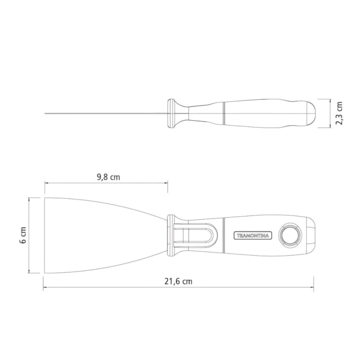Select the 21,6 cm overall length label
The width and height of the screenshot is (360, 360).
pyautogui.click(x=178, y=281)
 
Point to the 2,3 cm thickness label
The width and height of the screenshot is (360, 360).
pyautogui.click(x=339, y=114)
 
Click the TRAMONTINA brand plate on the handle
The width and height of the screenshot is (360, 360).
pyautogui.click(x=252, y=235)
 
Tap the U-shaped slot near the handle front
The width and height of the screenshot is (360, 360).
pyautogui.click(x=197, y=235)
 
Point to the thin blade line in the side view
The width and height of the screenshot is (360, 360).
pyautogui.click(x=105, y=114)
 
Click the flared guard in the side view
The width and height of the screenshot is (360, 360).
pyautogui.click(x=174, y=114)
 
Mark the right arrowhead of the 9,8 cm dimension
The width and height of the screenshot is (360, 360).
pyautogui.click(x=167, y=183)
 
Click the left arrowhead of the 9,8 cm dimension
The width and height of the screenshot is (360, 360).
pyautogui.click(x=46, y=183)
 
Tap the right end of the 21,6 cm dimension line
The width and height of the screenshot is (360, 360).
pyautogui.click(x=313, y=287)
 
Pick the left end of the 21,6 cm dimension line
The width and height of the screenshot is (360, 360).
pyautogui.click(x=45, y=287)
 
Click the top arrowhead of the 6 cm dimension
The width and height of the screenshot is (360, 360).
pyautogui.click(x=29, y=198)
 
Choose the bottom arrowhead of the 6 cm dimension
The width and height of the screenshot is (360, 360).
pyautogui.click(x=29, y=272)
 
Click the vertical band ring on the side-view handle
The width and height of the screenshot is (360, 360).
pyautogui.click(x=224, y=114)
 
